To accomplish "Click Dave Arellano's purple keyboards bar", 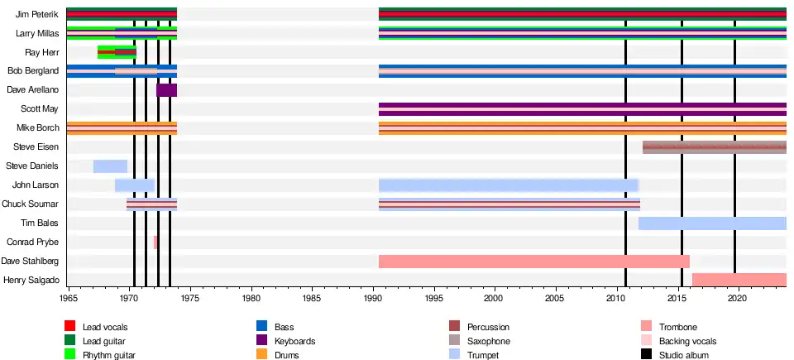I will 166,90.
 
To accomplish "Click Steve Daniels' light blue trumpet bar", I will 110,166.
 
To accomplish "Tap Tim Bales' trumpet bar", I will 711,223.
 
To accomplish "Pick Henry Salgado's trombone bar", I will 739,280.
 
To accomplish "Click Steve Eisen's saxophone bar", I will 714,147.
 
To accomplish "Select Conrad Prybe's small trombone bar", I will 155,242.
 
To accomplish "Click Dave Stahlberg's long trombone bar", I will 533,262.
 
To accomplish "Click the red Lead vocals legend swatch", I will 71,327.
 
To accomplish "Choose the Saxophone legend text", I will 490,341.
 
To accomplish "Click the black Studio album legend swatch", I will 647,355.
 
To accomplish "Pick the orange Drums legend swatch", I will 263,355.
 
